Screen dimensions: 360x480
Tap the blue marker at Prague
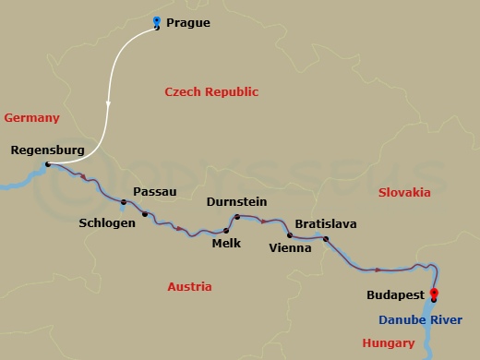[156, 22]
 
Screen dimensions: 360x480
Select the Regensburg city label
[47, 150]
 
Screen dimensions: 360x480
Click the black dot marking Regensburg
[48, 164]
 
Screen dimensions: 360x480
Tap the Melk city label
[226, 243]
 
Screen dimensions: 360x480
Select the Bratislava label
[325, 224]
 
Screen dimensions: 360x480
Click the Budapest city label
[394, 295]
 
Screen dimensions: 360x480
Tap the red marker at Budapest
[434, 294]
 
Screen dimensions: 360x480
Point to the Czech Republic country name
[211, 91]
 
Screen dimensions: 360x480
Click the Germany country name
[31, 117]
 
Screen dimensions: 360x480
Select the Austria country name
[189, 287]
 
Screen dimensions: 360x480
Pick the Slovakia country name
[404, 193]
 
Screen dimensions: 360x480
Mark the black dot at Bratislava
[326, 239]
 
